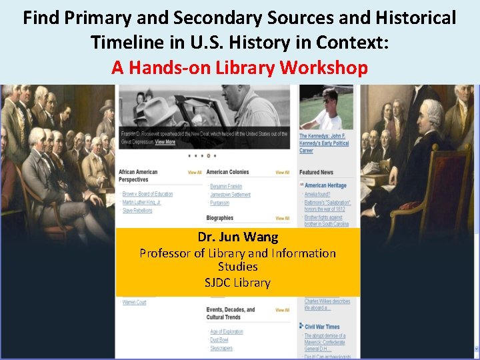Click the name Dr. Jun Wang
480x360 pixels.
click(x=238, y=237)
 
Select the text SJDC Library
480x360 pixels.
click(x=238, y=282)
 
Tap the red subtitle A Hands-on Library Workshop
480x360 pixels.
click(x=239, y=67)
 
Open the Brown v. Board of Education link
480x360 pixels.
click(x=147, y=194)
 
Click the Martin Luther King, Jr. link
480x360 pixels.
click(x=142, y=202)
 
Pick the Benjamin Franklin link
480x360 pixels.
click(x=226, y=186)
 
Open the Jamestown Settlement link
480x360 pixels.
click(x=230, y=195)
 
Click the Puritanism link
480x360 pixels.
click(x=219, y=203)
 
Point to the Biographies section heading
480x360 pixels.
click(x=220, y=218)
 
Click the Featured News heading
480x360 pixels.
click(x=316, y=173)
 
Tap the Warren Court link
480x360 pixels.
click(x=134, y=303)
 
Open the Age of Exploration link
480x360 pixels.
click(x=227, y=331)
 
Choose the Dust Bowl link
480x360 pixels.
click(x=221, y=340)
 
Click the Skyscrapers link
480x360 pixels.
click(x=221, y=348)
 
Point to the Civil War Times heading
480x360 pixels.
click(x=322, y=327)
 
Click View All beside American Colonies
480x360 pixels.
click(x=283, y=173)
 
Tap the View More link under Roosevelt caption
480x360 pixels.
click(x=165, y=142)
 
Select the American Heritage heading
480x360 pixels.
click(x=325, y=185)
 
